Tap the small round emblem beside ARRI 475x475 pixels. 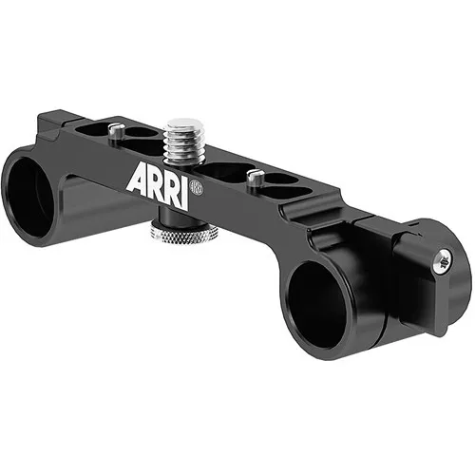tap(197, 186)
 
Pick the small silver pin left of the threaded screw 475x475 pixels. tap(116, 131)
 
